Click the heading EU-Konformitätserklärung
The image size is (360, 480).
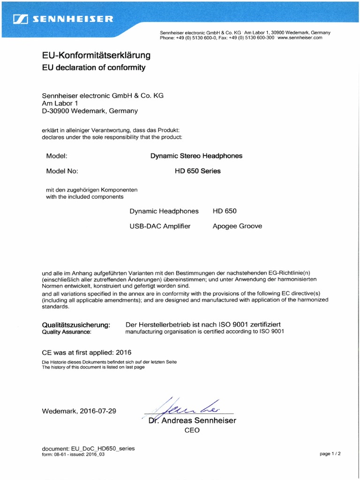96,55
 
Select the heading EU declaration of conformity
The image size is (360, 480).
94,67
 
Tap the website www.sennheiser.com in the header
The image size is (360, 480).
300,37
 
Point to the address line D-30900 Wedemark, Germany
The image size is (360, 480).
90,111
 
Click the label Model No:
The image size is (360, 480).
62,171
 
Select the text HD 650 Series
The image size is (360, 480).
197,171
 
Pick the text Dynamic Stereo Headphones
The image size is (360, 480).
196,156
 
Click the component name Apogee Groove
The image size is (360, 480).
237,226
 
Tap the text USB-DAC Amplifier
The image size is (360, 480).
160,226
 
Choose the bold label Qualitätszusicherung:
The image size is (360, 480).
76,324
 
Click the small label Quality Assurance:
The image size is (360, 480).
67,332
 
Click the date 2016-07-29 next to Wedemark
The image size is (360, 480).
98,411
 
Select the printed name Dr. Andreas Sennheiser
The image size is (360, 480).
192,420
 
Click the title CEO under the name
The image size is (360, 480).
192,430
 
